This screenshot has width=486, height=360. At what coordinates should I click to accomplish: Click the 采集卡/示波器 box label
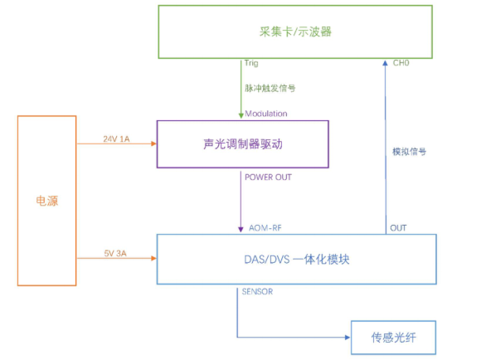[x=295, y=32]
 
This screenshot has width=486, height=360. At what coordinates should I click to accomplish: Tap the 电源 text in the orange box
[x=47, y=201]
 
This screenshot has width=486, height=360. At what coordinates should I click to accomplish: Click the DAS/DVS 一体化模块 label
[x=296, y=260]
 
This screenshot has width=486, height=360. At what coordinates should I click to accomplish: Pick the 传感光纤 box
[x=392, y=338]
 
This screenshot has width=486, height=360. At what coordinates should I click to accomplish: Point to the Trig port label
[x=251, y=63]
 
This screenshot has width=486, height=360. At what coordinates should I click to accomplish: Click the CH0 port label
[x=401, y=63]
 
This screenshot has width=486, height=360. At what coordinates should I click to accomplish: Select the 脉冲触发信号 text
[x=269, y=87]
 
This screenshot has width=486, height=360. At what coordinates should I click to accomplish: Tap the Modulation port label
[x=266, y=113]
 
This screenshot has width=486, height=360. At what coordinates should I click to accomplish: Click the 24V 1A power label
[x=116, y=138]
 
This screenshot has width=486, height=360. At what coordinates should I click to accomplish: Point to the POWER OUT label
[x=268, y=176]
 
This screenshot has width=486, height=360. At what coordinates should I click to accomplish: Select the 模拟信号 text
[x=409, y=152]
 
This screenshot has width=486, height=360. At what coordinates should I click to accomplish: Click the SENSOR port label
[x=257, y=291]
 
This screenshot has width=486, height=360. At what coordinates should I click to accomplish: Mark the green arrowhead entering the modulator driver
[x=241, y=116]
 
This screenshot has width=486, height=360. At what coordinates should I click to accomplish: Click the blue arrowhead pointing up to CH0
[x=386, y=63]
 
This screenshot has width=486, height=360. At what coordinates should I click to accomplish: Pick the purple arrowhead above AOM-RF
[x=241, y=230]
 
